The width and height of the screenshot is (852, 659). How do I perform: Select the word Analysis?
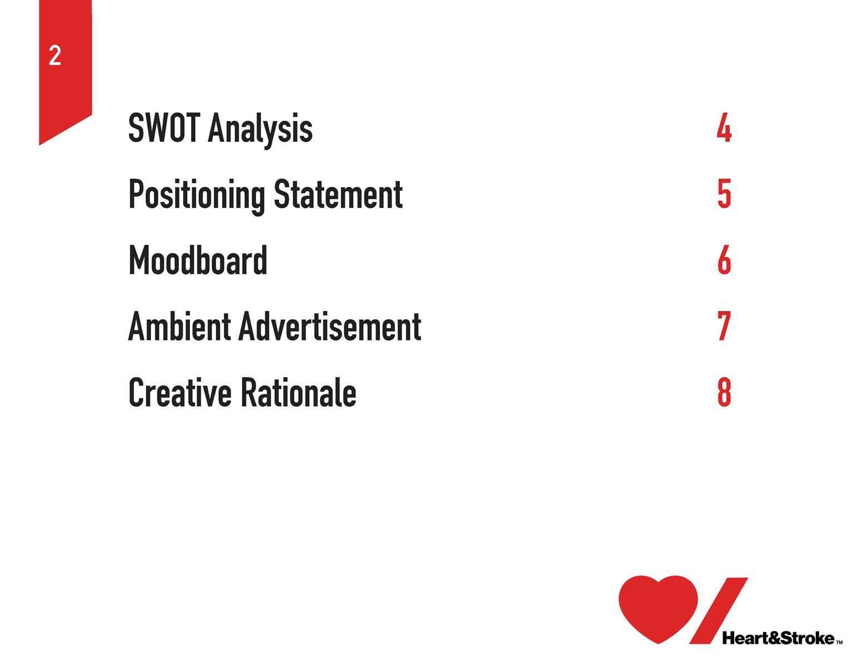tap(260, 130)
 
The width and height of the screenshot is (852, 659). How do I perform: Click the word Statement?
tap(338, 194)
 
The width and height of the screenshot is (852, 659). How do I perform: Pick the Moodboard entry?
tap(198, 260)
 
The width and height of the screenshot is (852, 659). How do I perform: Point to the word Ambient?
tap(179, 326)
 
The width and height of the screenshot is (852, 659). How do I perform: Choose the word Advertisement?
tap(330, 326)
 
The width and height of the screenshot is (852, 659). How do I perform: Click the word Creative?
tap(180, 392)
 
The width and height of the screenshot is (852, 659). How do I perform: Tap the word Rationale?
tap(298, 392)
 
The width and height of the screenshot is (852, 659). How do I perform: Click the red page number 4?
tap(724, 127)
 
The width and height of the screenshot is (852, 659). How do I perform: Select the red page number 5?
tap(724, 194)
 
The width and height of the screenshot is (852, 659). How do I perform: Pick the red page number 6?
tap(724, 260)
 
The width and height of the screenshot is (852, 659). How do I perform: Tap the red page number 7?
tap(724, 326)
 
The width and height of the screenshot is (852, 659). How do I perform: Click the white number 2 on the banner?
tap(55, 56)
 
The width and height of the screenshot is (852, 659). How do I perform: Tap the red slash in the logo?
tap(718, 610)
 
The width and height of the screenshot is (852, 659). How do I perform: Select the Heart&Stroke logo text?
tap(778, 638)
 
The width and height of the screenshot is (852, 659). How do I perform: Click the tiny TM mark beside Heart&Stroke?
tap(839, 642)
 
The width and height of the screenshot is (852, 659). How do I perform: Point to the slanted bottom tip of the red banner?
tap(40, 144)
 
